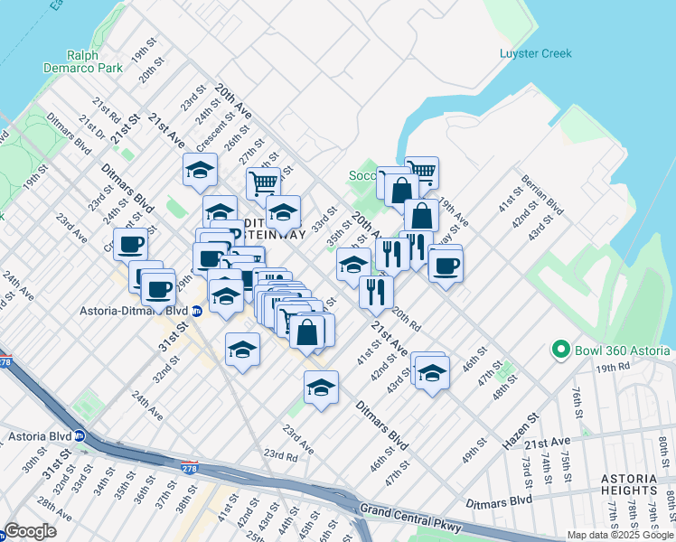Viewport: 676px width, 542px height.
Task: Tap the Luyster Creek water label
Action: (x=536, y=53)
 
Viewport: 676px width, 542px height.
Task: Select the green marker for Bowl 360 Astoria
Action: (x=560, y=350)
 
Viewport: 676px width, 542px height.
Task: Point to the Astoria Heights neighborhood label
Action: (x=639, y=484)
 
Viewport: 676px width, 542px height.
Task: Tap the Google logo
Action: (x=31, y=531)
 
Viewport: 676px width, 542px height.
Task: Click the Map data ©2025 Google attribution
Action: (x=620, y=535)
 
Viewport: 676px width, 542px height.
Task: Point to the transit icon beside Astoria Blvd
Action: (x=79, y=435)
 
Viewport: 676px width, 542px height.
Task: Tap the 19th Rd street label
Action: (x=612, y=368)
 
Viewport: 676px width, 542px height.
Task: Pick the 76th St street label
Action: (x=578, y=400)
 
